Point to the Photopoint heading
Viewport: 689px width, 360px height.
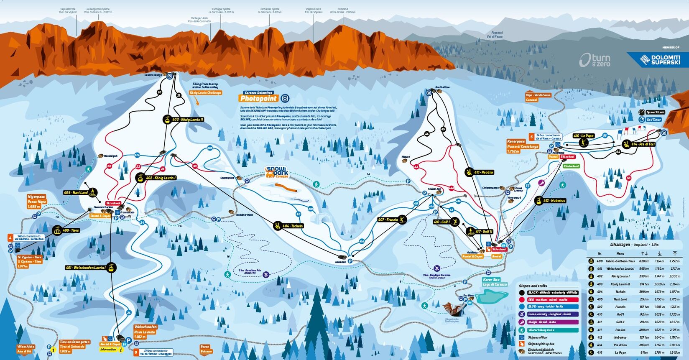(258, 98)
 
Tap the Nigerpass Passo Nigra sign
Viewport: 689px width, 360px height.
(36, 201)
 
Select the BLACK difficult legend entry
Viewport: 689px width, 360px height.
(548, 293)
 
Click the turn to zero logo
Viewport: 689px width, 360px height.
(595, 60)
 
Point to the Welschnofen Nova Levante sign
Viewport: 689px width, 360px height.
(145, 332)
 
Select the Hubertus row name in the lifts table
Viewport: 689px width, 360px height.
(620, 337)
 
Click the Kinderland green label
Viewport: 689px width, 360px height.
(571, 166)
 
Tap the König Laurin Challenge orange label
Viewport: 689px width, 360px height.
(205, 93)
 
